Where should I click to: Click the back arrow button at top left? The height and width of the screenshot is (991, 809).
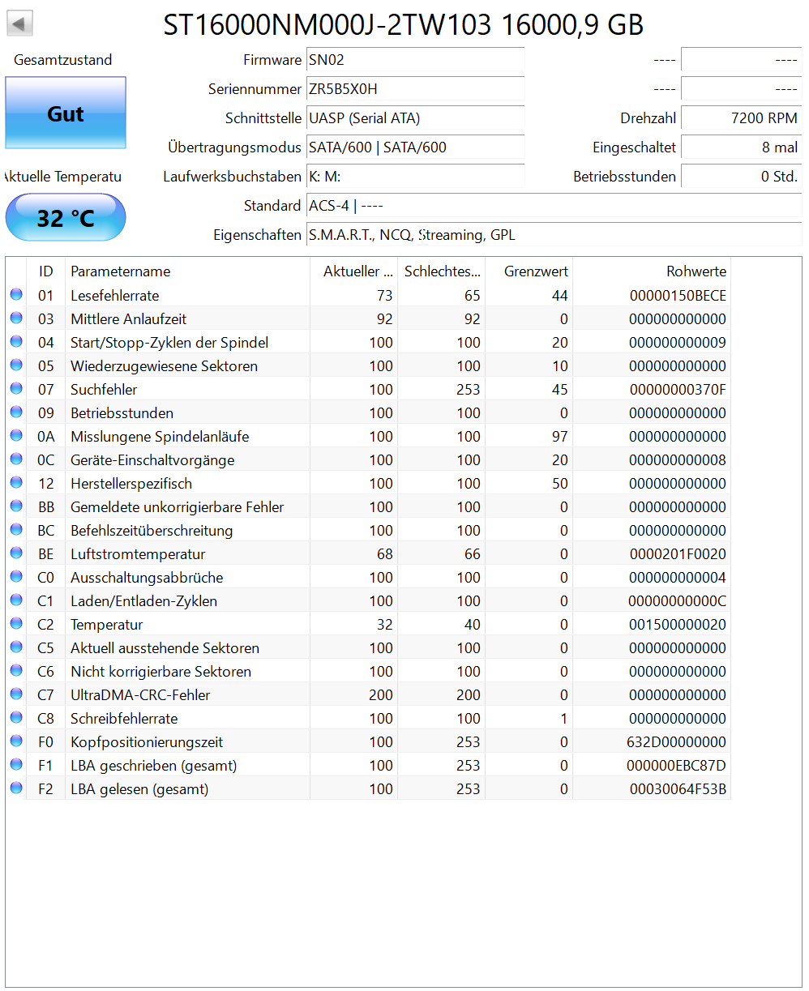click(x=19, y=23)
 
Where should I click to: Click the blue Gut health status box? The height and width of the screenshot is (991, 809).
click(x=66, y=113)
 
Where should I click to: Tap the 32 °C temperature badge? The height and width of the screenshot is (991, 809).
click(x=66, y=217)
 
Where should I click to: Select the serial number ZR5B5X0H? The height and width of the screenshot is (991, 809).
click(x=343, y=89)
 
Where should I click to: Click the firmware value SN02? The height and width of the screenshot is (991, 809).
click(x=327, y=60)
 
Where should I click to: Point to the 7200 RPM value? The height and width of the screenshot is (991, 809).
click(x=764, y=118)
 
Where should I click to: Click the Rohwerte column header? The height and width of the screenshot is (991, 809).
click(x=696, y=271)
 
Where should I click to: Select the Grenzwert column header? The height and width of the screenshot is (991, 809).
click(x=536, y=271)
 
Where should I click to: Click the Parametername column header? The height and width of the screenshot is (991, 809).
click(x=121, y=271)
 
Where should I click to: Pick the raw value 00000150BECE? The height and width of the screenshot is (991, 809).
click(x=678, y=296)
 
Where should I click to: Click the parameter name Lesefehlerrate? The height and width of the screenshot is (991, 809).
click(x=115, y=296)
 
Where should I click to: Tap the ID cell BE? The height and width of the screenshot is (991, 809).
click(x=46, y=554)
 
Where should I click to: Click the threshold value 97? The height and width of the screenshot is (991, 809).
click(x=559, y=437)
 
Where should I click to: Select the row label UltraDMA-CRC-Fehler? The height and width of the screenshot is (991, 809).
click(x=140, y=695)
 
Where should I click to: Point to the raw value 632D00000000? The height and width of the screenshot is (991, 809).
click(x=677, y=742)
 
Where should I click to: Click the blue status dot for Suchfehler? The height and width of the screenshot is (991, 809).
click(x=16, y=390)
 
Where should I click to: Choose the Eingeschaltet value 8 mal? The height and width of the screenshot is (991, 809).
click(x=779, y=147)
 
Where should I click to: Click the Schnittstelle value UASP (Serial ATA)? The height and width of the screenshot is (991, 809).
click(x=365, y=118)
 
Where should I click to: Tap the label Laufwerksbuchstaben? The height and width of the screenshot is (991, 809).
click(x=232, y=177)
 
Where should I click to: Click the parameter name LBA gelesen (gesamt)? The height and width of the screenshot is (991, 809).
click(x=139, y=789)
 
